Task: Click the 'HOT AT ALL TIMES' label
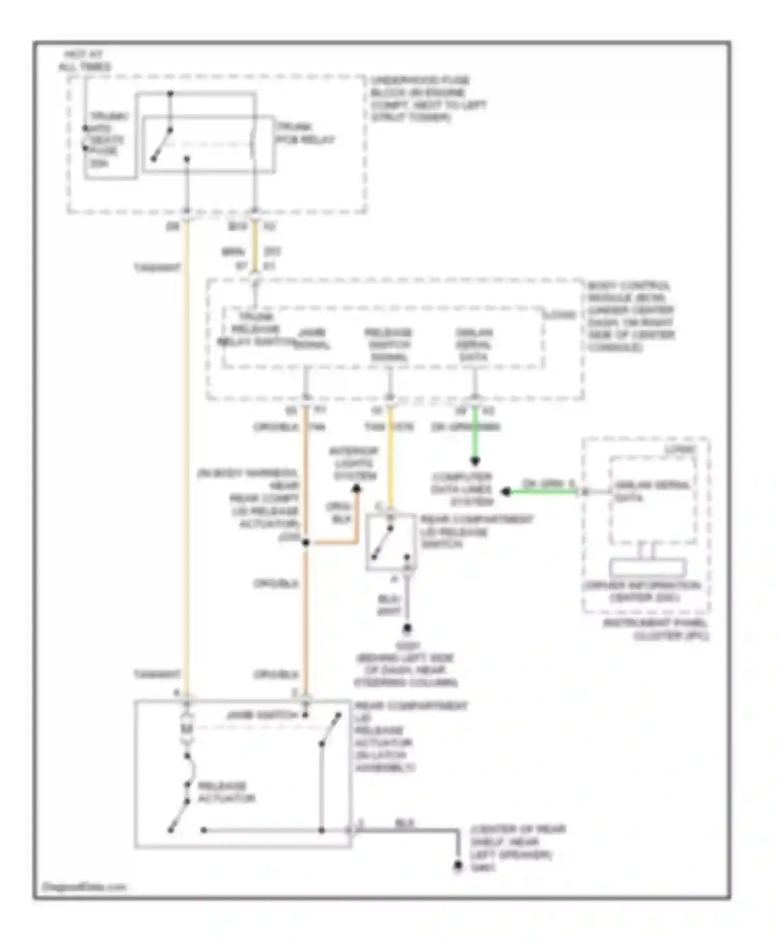[84, 61]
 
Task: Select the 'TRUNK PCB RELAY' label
[305, 133]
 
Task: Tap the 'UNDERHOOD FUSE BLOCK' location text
[427, 99]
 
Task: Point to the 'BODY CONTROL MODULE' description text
[630, 316]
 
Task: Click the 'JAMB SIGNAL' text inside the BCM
[312, 339]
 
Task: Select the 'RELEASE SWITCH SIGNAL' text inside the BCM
[388, 345]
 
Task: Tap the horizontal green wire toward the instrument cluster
[542, 491]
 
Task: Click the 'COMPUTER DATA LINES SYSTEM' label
[462, 489]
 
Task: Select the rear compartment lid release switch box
[390, 542]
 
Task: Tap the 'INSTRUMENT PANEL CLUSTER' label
[656, 629]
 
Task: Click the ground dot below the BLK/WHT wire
[407, 629]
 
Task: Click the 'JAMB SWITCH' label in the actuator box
[262, 715]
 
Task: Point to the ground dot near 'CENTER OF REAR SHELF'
[458, 865]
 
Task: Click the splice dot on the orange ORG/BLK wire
[305, 542]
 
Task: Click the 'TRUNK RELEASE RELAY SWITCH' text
[255, 329]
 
